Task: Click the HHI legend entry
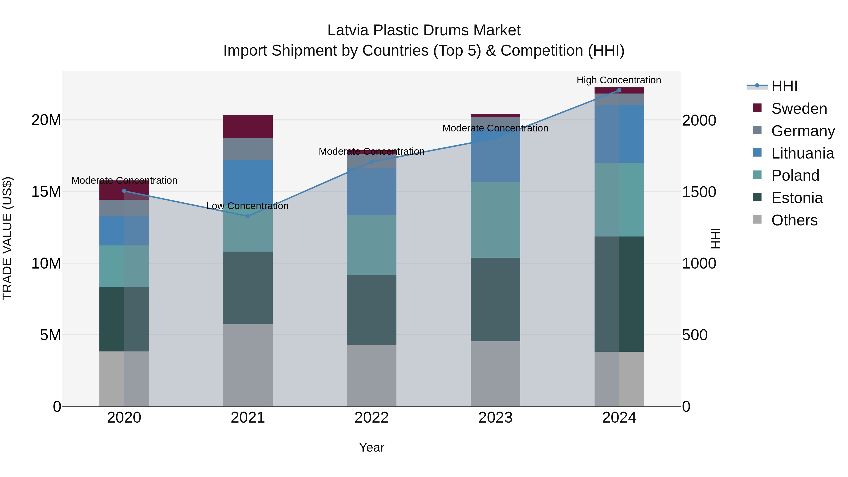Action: (x=784, y=86)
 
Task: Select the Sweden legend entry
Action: (x=799, y=109)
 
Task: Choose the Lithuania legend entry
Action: (x=802, y=153)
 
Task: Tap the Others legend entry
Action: (x=794, y=220)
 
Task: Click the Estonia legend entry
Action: (x=797, y=198)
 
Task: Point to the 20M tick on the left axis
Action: (x=46, y=120)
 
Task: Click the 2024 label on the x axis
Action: (x=619, y=418)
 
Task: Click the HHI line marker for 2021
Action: (x=248, y=216)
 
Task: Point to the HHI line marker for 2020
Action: (x=124, y=191)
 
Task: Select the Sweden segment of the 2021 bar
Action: (x=248, y=127)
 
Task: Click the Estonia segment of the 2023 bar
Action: (x=495, y=300)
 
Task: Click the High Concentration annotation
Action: (x=619, y=80)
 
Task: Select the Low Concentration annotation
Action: (x=247, y=206)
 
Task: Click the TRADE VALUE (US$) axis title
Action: (x=7, y=238)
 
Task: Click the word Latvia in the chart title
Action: (x=348, y=30)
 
